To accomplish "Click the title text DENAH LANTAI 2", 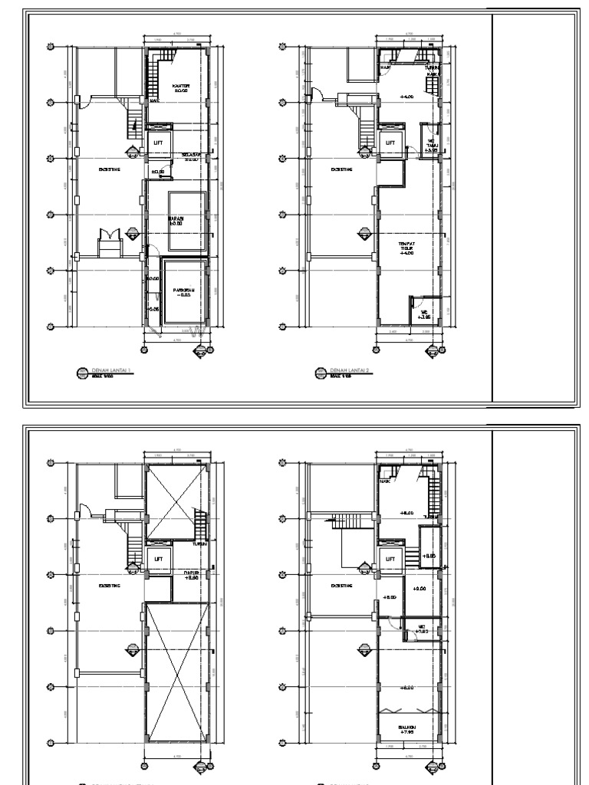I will point(347,370).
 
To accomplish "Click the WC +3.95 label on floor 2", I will point(424,312).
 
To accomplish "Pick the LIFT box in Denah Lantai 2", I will point(390,143).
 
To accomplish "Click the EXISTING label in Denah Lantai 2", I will point(341,170).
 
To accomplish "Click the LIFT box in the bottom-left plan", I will point(159,559).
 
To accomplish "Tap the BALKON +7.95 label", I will point(407,730).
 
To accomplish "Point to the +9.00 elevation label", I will point(420,590).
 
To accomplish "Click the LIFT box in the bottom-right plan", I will point(390,559).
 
